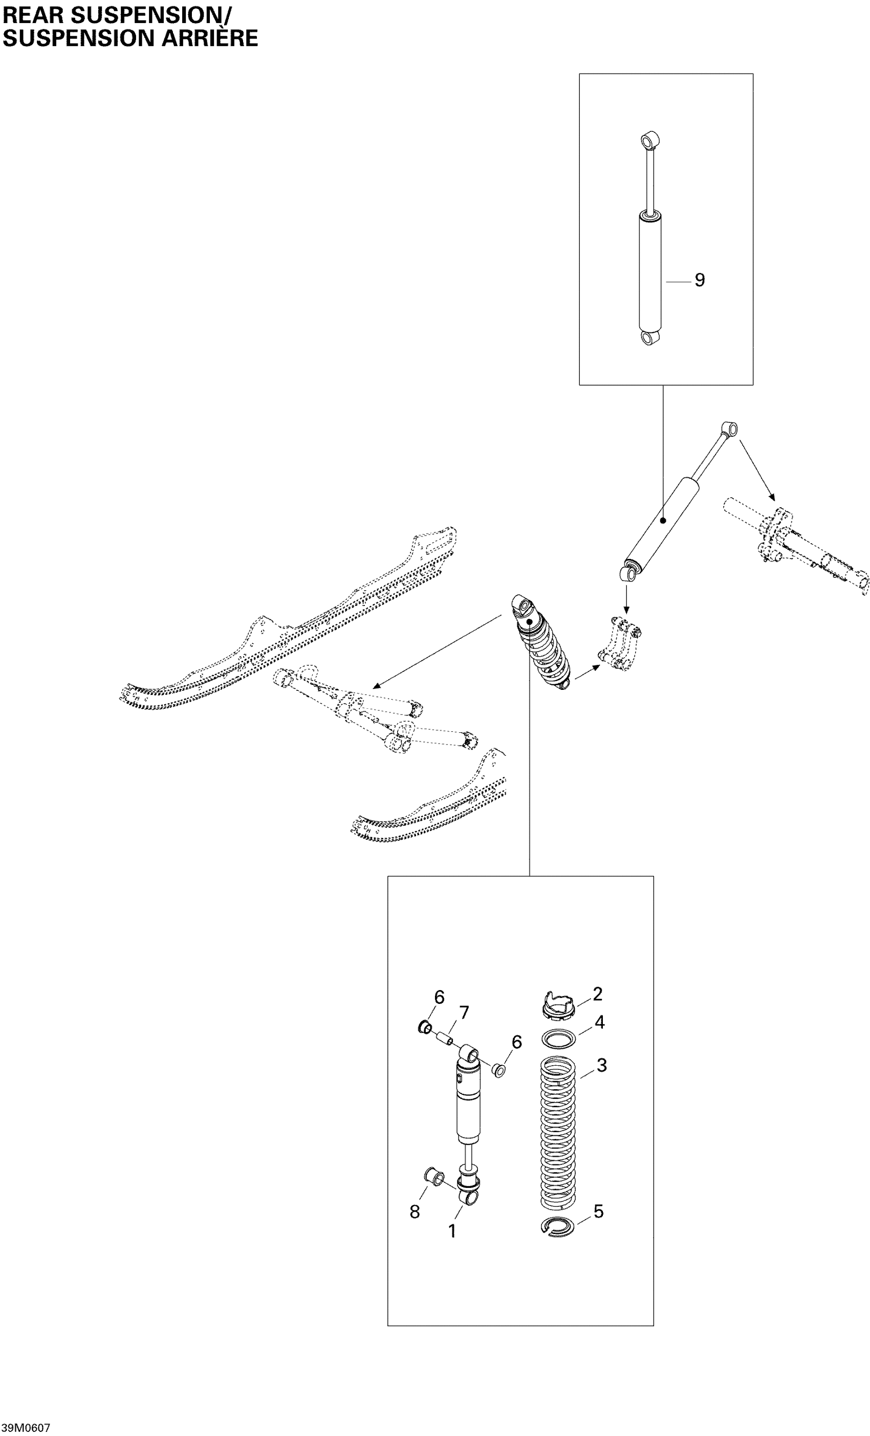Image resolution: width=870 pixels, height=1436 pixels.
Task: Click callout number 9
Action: point(699,280)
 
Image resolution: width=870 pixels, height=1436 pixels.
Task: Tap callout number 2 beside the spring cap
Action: point(597,994)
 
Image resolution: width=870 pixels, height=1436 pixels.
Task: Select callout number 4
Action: point(599,1022)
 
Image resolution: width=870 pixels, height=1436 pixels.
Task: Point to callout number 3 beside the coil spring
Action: point(601,1065)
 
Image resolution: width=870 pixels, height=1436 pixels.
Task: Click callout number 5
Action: point(598,1211)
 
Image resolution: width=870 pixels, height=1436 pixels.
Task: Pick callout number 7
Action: point(464,1014)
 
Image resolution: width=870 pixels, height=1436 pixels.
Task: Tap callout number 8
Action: point(415,1212)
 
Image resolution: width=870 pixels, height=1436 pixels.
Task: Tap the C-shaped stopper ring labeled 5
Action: point(558,1226)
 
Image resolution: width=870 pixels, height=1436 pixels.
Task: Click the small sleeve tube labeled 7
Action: point(446,1039)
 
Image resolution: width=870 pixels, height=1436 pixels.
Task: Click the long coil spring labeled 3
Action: point(558,1131)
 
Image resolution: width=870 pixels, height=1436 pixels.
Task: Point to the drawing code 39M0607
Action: point(26,1427)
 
